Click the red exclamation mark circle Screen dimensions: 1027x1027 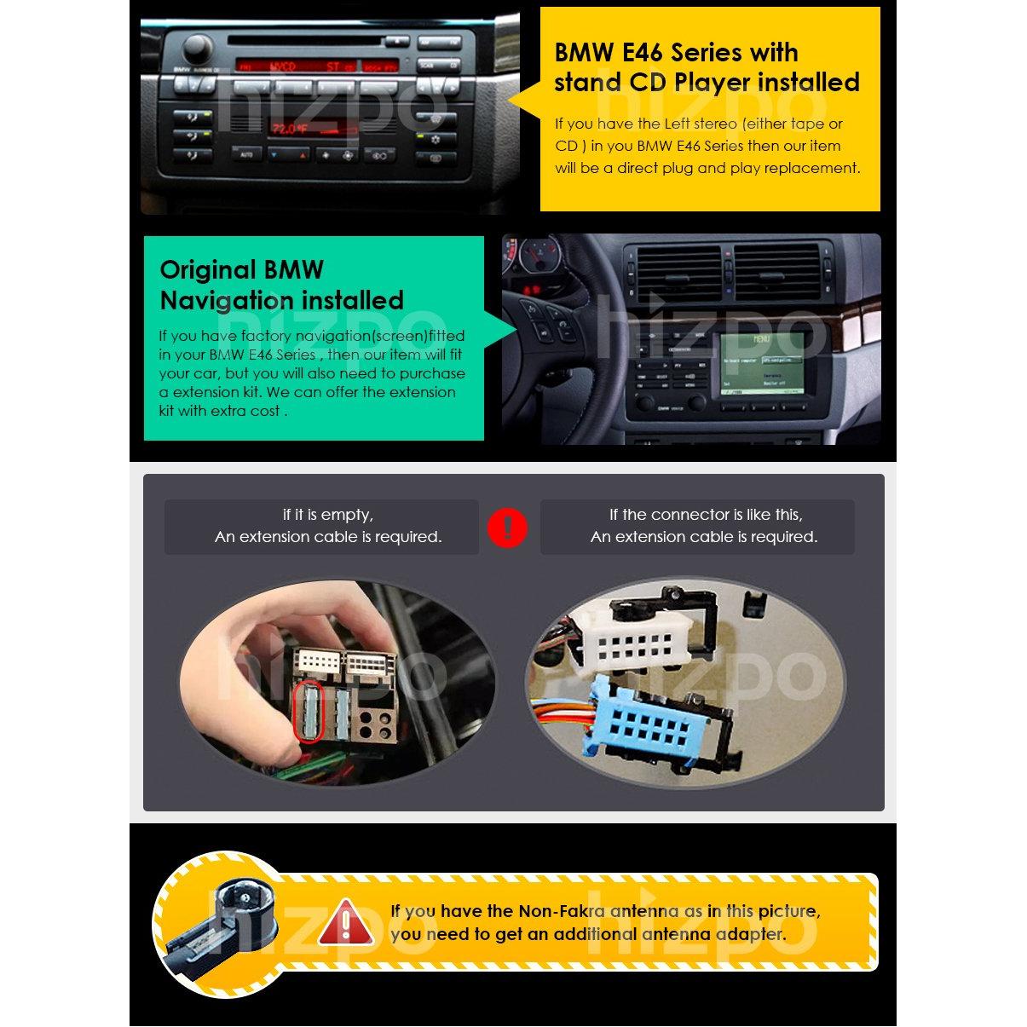507,528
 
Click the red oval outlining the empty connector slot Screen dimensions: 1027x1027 309,711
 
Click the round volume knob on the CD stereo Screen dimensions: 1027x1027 198,49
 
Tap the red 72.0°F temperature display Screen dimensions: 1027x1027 290,129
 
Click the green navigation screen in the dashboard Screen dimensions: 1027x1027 762,364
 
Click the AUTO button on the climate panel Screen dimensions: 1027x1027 246,154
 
